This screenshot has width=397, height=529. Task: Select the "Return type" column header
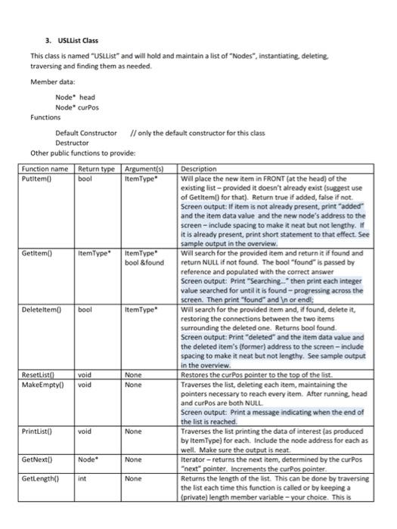click(95, 169)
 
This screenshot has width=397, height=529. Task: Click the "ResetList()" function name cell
click(40, 374)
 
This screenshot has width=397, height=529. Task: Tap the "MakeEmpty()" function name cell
click(42, 384)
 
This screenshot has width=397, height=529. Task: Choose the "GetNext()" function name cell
click(38, 459)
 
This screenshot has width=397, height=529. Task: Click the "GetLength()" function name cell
click(41, 479)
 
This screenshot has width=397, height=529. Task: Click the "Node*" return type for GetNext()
click(87, 459)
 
